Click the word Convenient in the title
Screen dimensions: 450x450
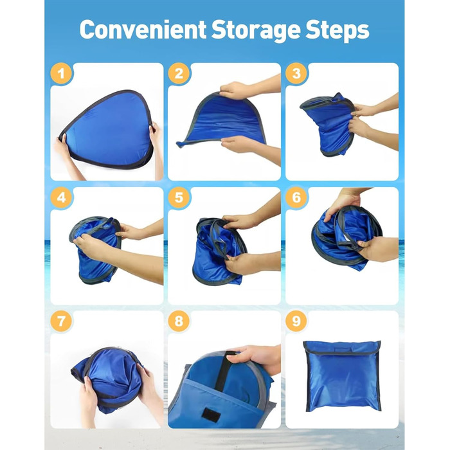point(143,30)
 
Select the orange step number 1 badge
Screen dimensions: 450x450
point(61,74)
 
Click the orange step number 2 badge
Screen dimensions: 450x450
point(179,74)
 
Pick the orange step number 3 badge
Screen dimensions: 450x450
point(296,74)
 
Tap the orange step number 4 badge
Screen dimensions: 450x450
point(61,197)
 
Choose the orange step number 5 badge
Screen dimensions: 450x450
point(179,197)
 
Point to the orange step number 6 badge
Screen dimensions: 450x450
point(296,197)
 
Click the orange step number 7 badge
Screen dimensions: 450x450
point(61,321)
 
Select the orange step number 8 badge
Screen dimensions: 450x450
point(179,321)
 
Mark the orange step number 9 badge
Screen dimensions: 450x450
point(296,321)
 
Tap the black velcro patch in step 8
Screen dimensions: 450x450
point(211,415)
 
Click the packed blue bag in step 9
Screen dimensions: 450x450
point(342,376)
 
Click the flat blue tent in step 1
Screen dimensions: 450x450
point(107,130)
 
